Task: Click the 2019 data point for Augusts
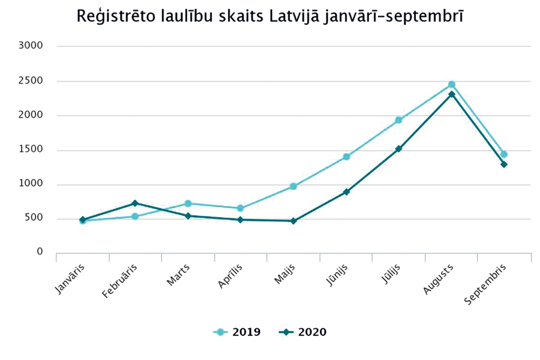tap(451, 85)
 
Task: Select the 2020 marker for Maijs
tap(293, 221)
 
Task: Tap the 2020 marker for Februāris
tap(135, 203)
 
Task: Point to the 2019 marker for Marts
tap(188, 203)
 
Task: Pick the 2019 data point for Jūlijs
tap(398, 120)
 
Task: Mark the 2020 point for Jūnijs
tap(346, 192)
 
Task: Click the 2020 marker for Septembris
tap(504, 164)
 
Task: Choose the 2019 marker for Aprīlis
tap(241, 208)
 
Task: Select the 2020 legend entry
tap(303, 332)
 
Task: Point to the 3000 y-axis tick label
tap(32, 46)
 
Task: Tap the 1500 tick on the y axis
tap(32, 150)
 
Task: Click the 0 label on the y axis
tap(40, 252)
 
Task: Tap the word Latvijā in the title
tap(291, 17)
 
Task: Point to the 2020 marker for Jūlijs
tap(398, 149)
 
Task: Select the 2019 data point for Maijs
tap(293, 186)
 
